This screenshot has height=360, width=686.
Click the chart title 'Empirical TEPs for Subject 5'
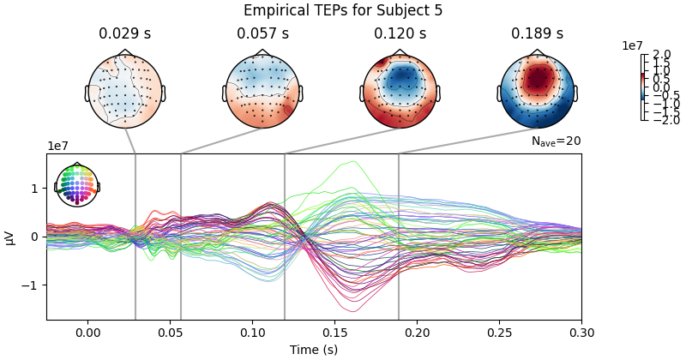click(343, 11)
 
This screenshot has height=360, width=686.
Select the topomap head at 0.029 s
click(125, 91)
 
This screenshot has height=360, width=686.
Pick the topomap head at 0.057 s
click(262, 91)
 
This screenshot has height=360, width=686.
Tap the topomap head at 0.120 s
click(400, 91)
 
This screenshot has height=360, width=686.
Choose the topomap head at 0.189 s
click(537, 91)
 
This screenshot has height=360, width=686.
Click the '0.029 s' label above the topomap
click(125, 34)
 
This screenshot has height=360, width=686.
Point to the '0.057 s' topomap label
click(262, 34)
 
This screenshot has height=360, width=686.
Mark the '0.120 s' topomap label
click(400, 34)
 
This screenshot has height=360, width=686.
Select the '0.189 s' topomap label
click(537, 34)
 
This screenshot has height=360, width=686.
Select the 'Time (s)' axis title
click(313, 349)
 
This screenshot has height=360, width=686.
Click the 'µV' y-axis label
click(10, 237)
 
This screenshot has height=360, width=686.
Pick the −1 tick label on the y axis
click(33, 285)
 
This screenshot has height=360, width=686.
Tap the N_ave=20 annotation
click(556, 141)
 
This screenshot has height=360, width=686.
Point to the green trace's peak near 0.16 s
click(352, 161)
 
